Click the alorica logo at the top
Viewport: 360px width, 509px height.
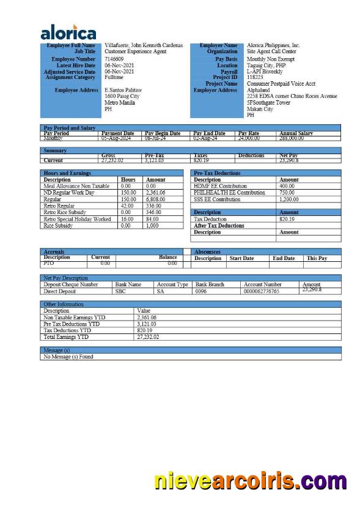click(x=68, y=32)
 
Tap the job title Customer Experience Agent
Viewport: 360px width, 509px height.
click(x=135, y=52)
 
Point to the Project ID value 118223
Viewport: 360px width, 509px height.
click(x=255, y=78)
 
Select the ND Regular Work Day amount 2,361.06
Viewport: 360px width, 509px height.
click(x=155, y=193)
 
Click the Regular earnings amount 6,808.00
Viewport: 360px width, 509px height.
click(x=155, y=199)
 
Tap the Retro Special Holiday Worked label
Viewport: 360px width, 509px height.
click(x=77, y=219)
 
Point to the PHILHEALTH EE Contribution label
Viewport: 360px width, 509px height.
click(x=229, y=193)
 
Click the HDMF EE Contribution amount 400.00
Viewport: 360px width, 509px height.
click(x=287, y=186)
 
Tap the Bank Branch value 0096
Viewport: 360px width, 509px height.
click(x=200, y=292)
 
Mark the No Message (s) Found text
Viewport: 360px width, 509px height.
click(x=68, y=357)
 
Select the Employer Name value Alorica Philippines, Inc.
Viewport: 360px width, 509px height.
click(x=273, y=46)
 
